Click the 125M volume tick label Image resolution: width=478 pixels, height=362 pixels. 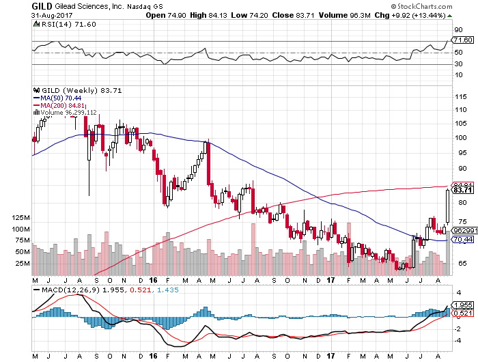point(21,217)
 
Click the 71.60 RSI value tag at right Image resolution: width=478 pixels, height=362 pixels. point(462,41)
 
